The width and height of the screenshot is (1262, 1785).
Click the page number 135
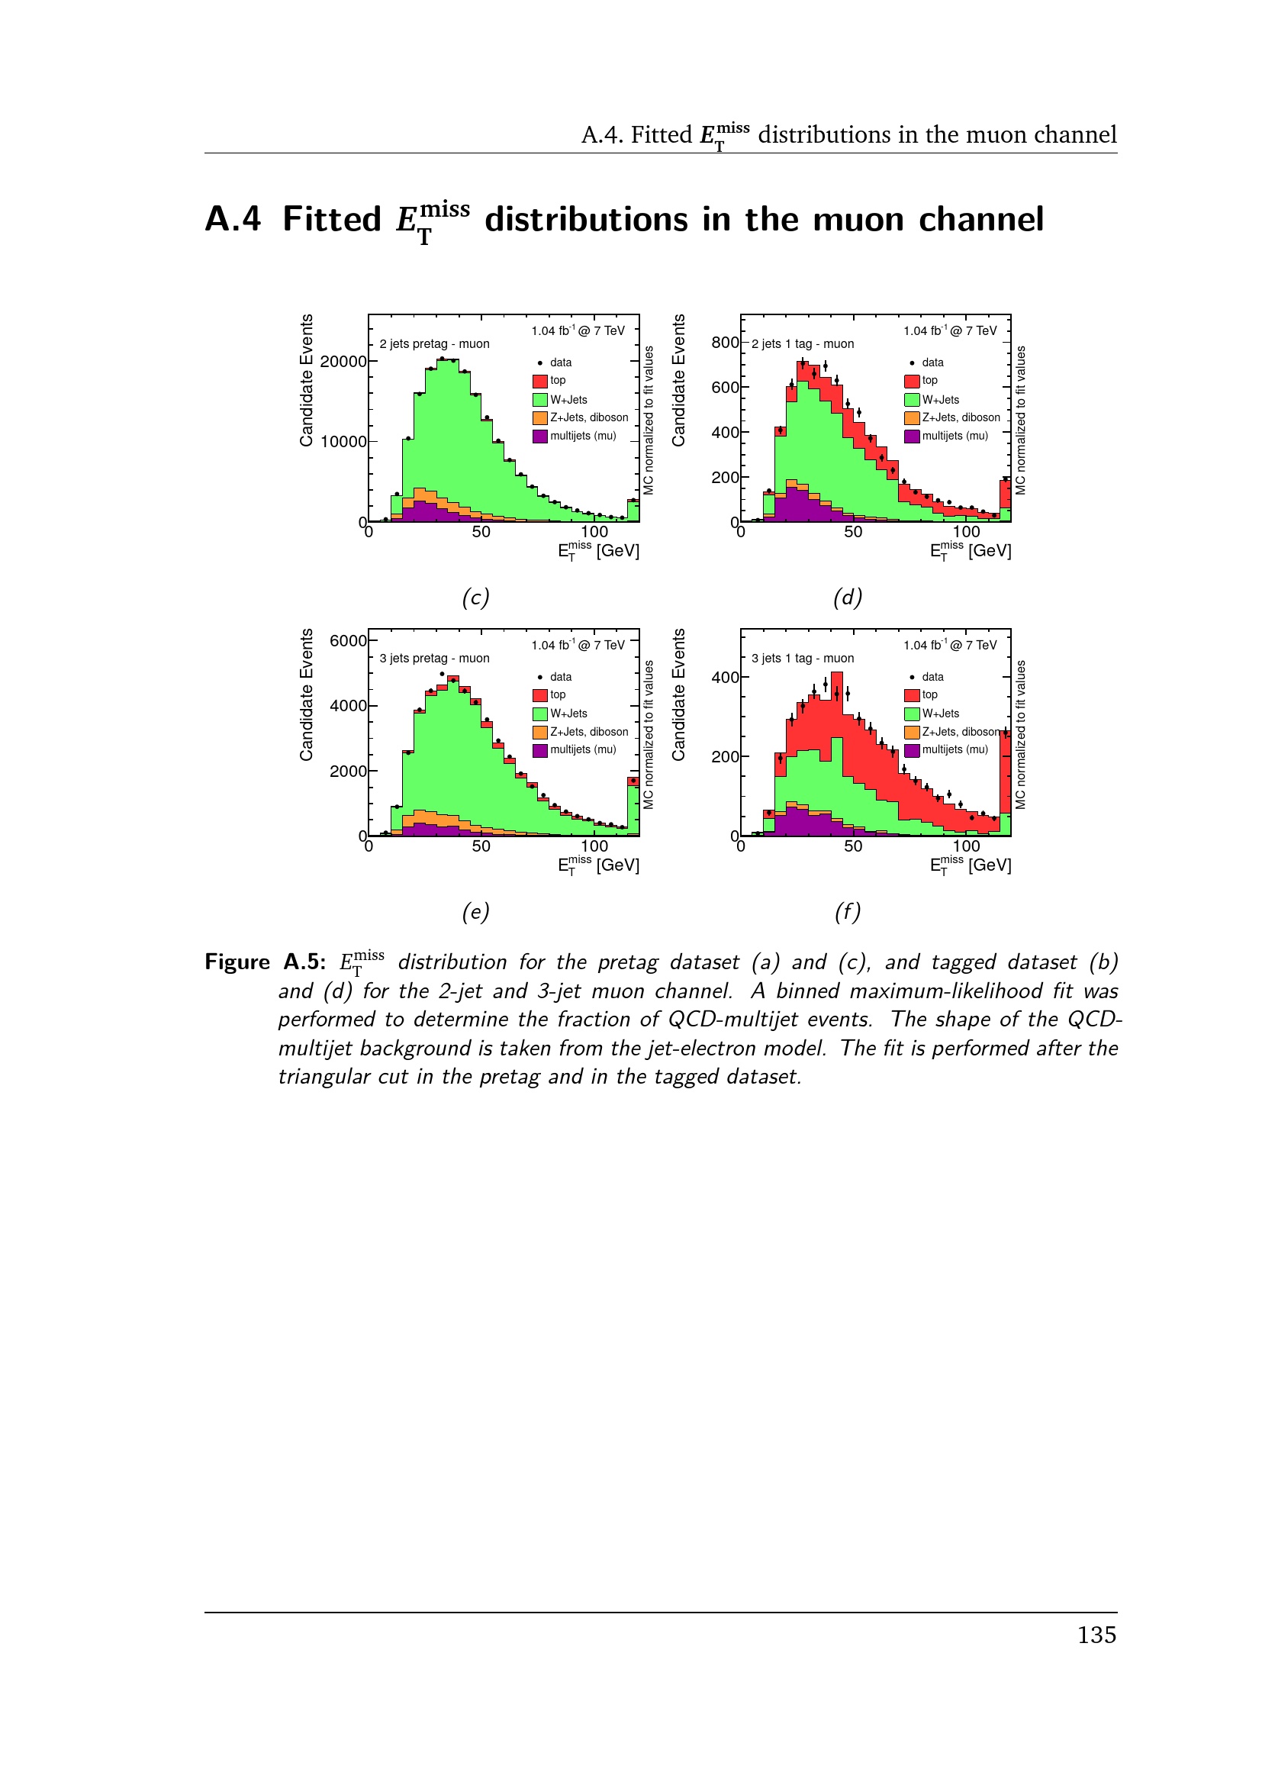[1096, 1634]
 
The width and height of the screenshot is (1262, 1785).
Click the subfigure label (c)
[475, 598]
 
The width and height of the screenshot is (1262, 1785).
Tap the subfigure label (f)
[848, 912]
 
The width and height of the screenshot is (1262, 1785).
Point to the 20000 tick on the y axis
[343, 362]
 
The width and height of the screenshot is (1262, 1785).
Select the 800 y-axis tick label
[724, 343]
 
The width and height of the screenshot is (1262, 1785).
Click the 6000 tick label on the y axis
[347, 641]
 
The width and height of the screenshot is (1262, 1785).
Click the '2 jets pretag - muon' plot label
[434, 343]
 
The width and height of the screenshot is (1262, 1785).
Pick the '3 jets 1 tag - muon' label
[803, 659]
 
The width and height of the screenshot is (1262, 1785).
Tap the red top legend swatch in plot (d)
[913, 381]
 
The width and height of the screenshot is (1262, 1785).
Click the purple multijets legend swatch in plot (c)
[540, 437]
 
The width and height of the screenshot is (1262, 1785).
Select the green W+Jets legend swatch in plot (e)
[540, 714]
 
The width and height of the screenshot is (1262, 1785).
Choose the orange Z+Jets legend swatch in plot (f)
[913, 733]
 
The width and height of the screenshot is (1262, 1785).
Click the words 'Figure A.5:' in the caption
[265, 962]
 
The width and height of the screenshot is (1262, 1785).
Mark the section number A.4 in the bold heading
[233, 219]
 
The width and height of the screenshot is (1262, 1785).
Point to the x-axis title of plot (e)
[598, 865]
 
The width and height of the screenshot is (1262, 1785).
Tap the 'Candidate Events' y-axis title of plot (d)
[678, 381]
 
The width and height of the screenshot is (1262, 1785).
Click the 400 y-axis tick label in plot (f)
[724, 678]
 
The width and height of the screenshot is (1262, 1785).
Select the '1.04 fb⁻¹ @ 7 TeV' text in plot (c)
[578, 331]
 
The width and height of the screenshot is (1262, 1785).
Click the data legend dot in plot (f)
[913, 677]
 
